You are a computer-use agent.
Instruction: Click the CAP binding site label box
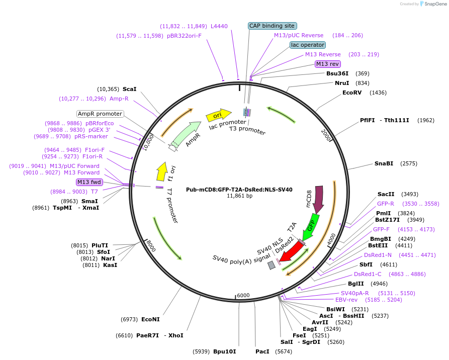[x=272, y=26]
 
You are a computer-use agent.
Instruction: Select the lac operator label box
[x=307, y=45]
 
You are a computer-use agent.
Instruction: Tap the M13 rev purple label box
[x=327, y=64]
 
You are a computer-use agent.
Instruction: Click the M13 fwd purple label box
[x=89, y=182]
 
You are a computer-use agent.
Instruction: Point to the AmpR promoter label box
[x=100, y=114]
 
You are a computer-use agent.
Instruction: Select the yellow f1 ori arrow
[x=161, y=171]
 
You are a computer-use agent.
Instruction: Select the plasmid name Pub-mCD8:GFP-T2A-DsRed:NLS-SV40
[x=239, y=190]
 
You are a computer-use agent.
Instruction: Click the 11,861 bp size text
[x=239, y=196]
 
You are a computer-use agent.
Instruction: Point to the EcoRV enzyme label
[x=352, y=93]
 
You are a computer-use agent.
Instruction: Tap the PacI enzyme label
[x=262, y=351]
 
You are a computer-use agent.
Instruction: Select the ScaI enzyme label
[x=129, y=88]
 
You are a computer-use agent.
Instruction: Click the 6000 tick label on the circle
[x=243, y=295]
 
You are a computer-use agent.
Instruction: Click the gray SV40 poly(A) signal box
[x=272, y=264]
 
